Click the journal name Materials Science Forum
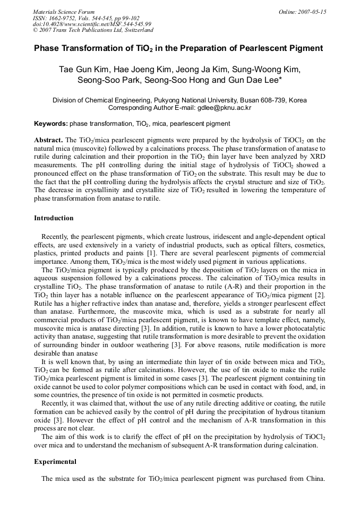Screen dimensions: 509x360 pyautogui.click(x=64, y=12)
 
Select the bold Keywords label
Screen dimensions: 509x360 pyautogui.click(x=51, y=124)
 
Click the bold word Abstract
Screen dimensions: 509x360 pyautogui.click(x=48, y=139)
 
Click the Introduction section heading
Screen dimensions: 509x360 pyautogui.click(x=54, y=218)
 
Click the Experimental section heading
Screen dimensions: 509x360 pyautogui.click(x=55, y=462)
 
